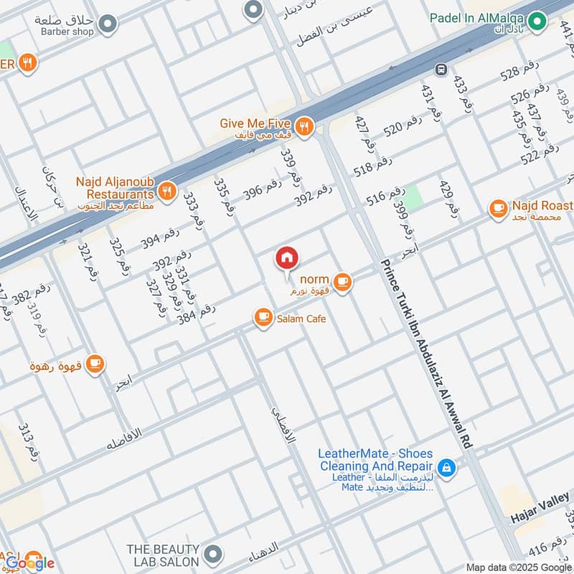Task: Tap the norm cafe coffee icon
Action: pyautogui.click(x=343, y=284)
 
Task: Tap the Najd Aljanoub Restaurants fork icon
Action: pyautogui.click(x=166, y=190)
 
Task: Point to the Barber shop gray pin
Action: pyautogui.click(x=108, y=25)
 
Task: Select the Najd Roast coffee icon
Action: pyautogui.click(x=497, y=209)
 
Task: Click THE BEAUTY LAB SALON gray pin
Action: pyautogui.click(x=212, y=553)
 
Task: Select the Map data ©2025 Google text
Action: pyautogui.click(x=519, y=566)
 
